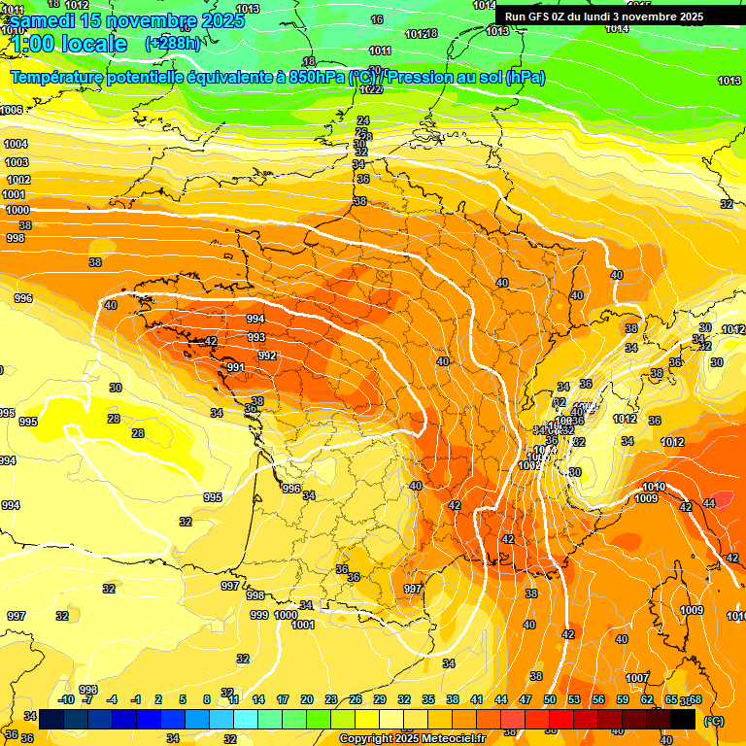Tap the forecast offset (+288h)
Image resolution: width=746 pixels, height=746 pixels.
point(173,43)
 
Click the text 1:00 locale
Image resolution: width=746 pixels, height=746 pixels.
point(70,44)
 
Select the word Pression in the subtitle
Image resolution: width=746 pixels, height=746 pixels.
point(422,77)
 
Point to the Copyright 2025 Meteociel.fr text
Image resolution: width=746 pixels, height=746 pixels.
point(412,738)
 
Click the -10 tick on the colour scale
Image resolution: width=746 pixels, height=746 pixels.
point(66,699)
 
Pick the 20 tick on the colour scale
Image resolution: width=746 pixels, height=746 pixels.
point(306,699)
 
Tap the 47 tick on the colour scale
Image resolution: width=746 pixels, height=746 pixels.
point(526,699)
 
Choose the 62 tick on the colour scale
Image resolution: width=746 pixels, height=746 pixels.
point(647,699)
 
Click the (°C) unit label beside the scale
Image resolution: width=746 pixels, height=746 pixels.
point(712,720)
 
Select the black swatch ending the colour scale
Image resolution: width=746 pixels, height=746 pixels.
point(683,719)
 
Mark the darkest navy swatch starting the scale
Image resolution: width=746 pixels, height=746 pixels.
point(51,719)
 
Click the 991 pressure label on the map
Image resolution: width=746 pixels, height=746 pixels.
point(235,367)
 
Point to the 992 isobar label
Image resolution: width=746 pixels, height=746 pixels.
point(266,356)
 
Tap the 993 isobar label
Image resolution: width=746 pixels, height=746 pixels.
point(256,337)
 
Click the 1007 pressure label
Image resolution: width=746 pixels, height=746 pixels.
point(637,678)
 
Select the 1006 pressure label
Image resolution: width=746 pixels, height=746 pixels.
point(11,110)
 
